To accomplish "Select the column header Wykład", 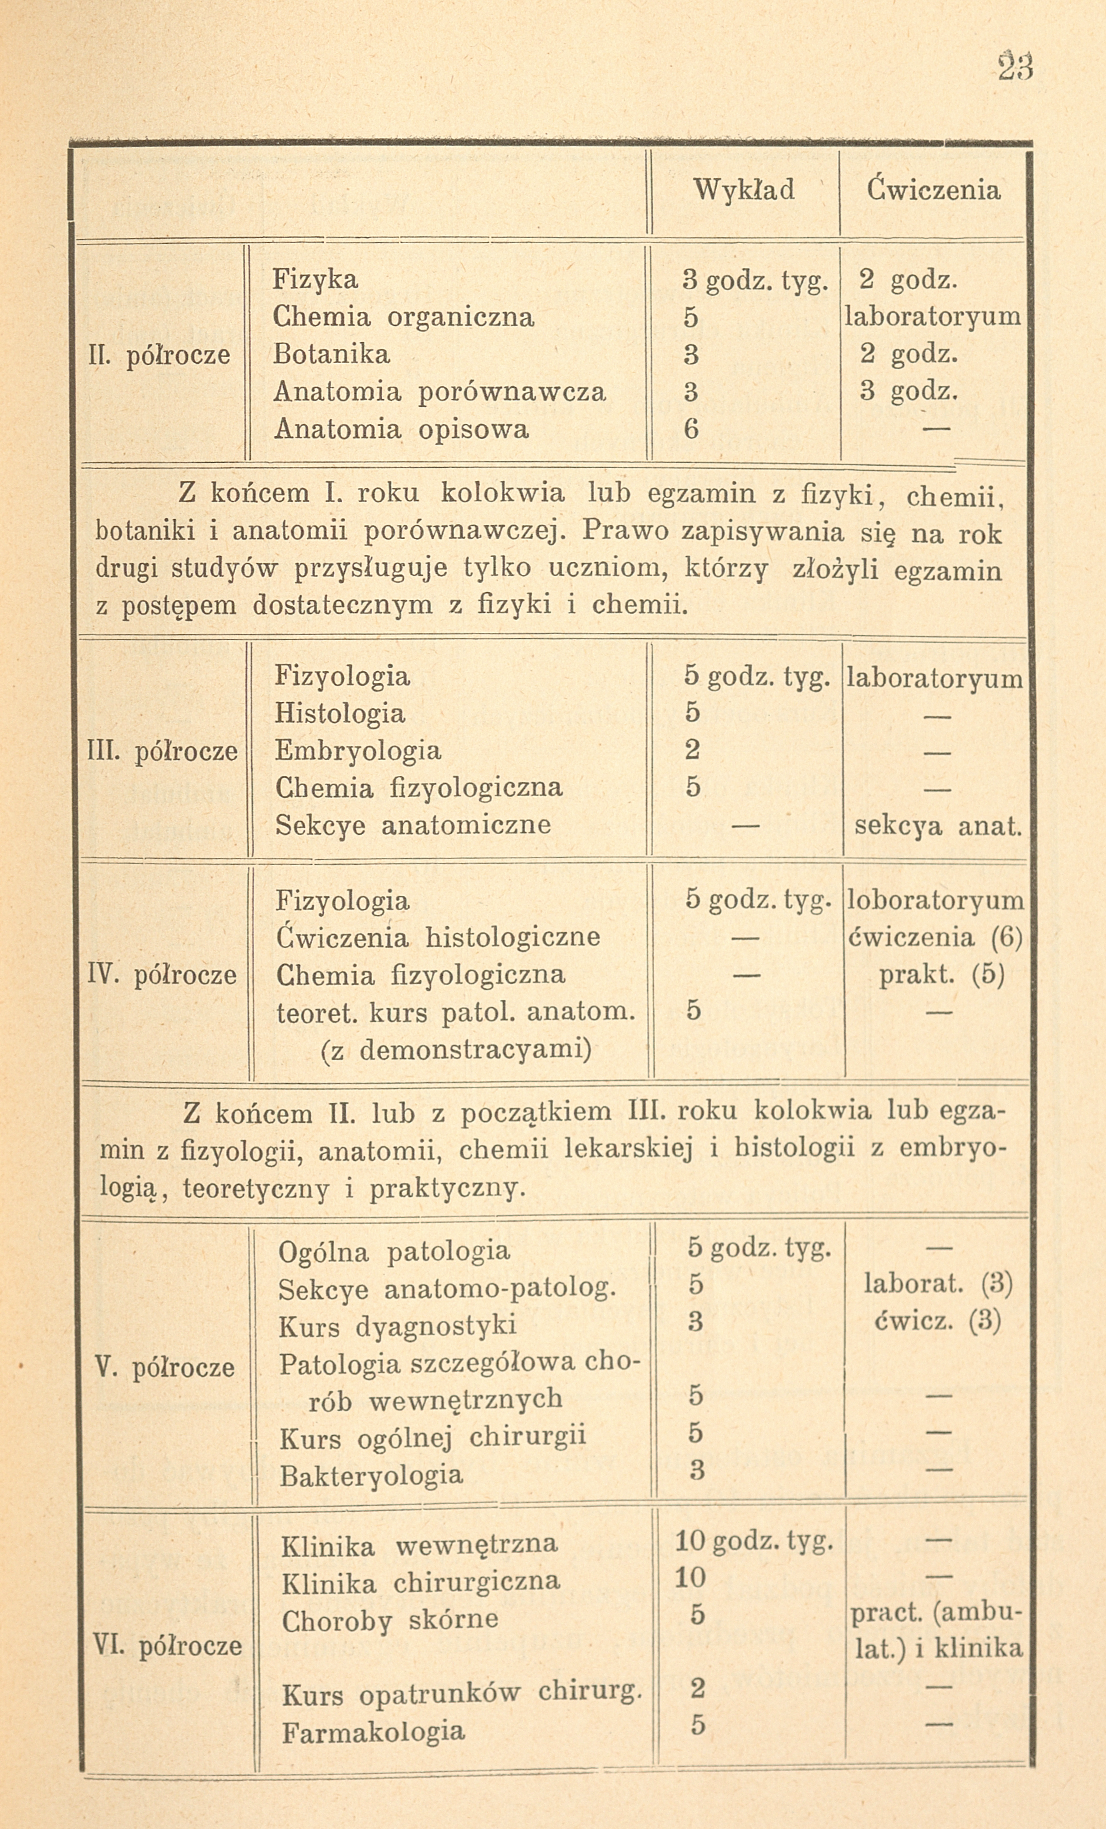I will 744,190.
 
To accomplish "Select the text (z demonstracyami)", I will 457,1050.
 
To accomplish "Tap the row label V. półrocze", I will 165,1367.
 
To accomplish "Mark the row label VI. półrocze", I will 168,1646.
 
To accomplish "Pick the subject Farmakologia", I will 374,1732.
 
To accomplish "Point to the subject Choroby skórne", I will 390,1619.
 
